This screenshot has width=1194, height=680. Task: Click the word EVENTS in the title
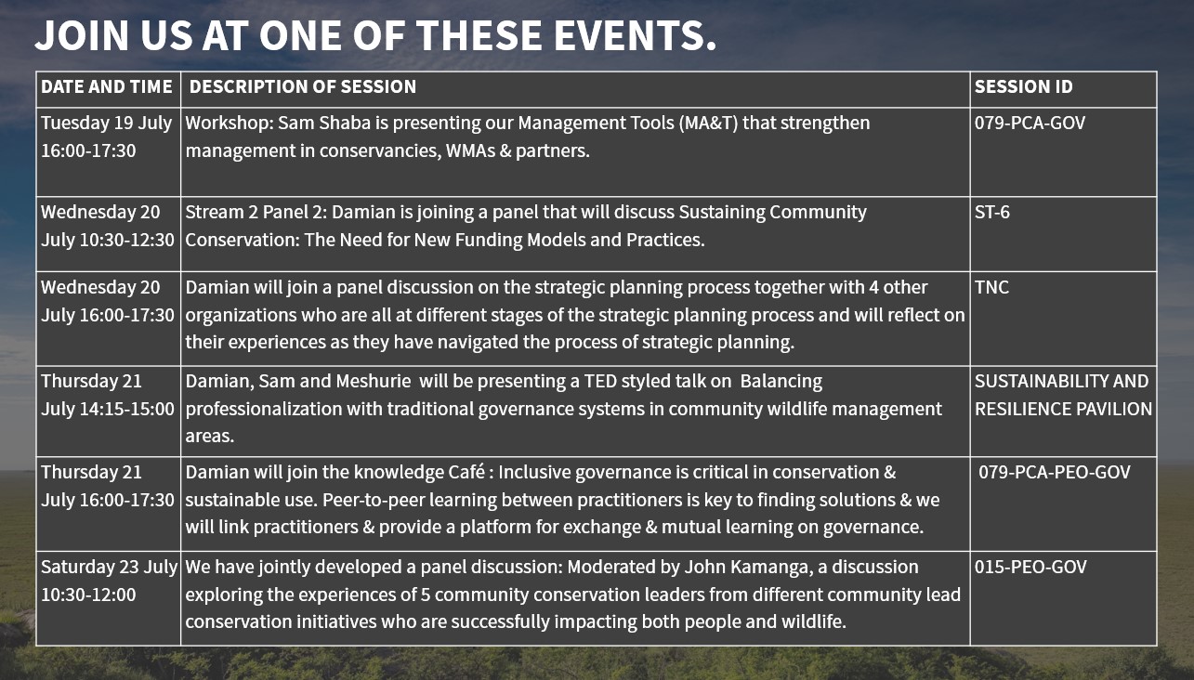pos(635,35)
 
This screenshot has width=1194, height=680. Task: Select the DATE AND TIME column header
pos(107,86)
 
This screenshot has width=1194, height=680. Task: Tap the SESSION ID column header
pos(1023,86)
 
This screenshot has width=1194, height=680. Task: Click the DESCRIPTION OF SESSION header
pos(303,86)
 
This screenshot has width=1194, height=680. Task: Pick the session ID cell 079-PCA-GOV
pos(1030,124)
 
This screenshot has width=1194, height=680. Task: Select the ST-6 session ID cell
pos(992,212)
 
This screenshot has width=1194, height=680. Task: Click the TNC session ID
pos(991,287)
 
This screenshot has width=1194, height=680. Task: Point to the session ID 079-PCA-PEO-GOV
pos(1055,472)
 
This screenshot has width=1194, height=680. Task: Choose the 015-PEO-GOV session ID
pos(1030,567)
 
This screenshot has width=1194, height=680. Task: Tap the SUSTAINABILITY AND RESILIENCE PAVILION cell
pos(1063,395)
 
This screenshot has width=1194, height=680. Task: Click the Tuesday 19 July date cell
pos(107,137)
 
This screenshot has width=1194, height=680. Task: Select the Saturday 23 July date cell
pos(109,581)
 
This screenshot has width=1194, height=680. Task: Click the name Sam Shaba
pos(324,124)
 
